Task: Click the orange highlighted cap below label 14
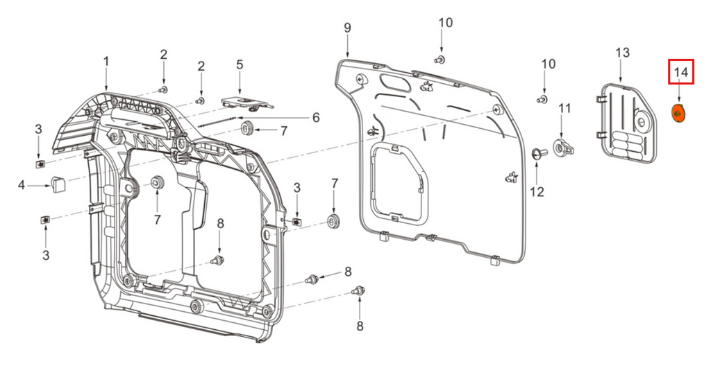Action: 678,112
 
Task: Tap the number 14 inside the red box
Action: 680,72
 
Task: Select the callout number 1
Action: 106,62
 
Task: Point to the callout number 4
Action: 22,185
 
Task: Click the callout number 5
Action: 240,64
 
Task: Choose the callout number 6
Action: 315,118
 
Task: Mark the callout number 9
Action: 347,28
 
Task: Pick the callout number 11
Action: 564,108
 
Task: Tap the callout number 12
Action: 537,192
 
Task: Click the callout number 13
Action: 622,53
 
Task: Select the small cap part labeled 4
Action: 57,184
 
